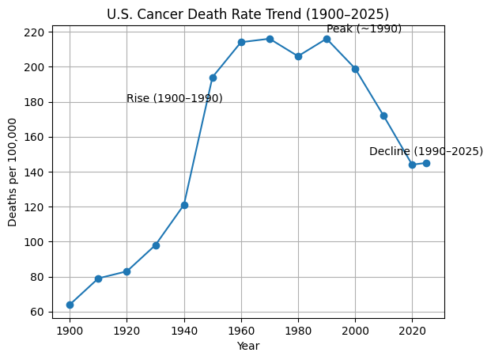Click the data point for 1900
click(70, 305)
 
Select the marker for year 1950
click(213, 78)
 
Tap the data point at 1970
click(270, 39)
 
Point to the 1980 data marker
click(298, 56)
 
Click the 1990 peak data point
click(327, 39)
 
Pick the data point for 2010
click(383, 116)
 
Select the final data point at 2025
click(426, 163)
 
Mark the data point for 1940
click(184, 205)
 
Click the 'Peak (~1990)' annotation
click(364, 29)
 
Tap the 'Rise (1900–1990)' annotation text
click(174, 99)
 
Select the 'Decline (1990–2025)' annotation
click(425, 152)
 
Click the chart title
click(248, 13)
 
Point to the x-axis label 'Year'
click(248, 346)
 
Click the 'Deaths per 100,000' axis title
click(13, 172)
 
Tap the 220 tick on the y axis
click(36, 32)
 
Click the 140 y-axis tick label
click(36, 172)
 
